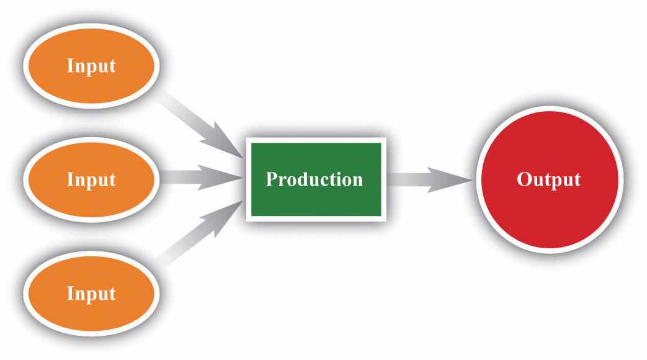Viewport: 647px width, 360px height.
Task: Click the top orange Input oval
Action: click(x=91, y=66)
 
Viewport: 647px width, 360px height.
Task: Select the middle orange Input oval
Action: click(x=91, y=179)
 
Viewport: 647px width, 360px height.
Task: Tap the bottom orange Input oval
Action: click(x=91, y=294)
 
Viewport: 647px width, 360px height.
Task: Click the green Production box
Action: click(x=316, y=179)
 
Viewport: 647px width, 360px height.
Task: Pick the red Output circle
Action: click(x=550, y=179)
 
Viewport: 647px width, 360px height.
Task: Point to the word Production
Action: click(x=315, y=179)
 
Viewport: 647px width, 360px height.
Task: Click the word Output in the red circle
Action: click(x=549, y=180)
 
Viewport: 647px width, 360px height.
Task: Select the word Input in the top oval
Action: click(x=91, y=66)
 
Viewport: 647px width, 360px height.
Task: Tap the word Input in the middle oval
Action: click(x=91, y=180)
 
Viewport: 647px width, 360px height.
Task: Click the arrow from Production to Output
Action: click(x=430, y=179)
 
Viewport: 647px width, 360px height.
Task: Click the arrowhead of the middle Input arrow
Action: click(x=220, y=178)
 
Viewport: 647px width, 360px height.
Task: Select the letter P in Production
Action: click(x=272, y=179)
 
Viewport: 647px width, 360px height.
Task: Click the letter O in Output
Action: click(x=524, y=180)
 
